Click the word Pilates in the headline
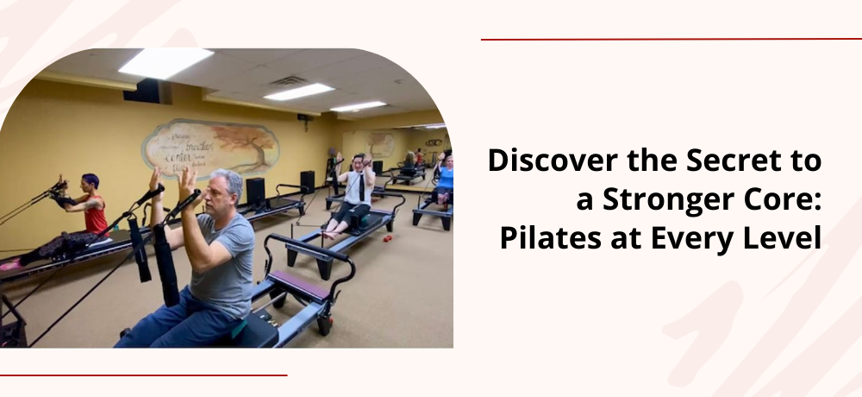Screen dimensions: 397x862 544,237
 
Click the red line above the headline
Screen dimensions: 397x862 671,39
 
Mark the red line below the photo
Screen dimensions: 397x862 143,375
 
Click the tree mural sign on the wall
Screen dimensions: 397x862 210,148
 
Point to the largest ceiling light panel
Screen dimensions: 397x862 166,61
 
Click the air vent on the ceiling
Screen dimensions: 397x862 288,81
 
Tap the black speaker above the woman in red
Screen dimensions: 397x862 147,90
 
